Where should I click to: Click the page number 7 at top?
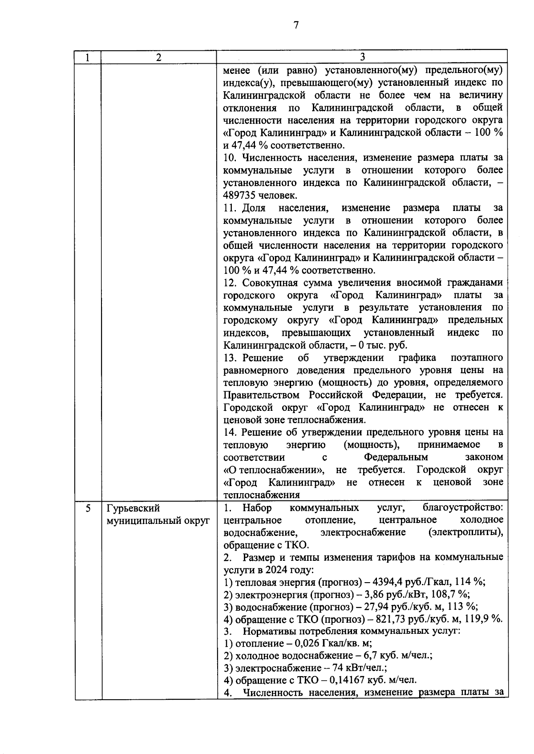point(295,25)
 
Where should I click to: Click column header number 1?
point(88,57)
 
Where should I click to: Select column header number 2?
point(159,57)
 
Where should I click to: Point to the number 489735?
point(240,195)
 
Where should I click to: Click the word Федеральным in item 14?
point(396,457)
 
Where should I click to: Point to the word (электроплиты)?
point(466,532)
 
